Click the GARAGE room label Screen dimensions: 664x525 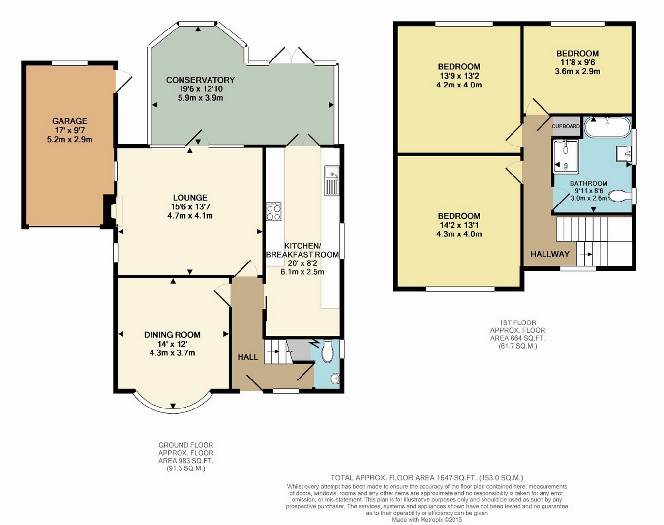pyautogui.click(x=69, y=121)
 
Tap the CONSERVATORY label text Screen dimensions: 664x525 pyautogui.click(x=201, y=80)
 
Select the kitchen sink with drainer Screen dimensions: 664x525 pyautogui.click(x=332, y=180)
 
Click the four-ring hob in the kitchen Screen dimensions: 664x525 pyautogui.click(x=273, y=211)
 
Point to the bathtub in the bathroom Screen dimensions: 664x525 pyautogui.click(x=607, y=127)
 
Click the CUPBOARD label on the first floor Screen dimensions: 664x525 pyautogui.click(x=566, y=126)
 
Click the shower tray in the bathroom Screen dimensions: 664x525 pyautogui.click(x=566, y=156)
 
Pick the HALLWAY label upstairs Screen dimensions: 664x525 pyautogui.click(x=550, y=254)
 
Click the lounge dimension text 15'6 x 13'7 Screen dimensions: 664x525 pyautogui.click(x=190, y=206)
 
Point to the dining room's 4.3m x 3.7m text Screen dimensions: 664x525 pyautogui.click(x=172, y=353)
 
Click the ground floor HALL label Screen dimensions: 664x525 pyautogui.click(x=248, y=357)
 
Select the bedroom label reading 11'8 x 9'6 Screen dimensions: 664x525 pyautogui.click(x=577, y=62)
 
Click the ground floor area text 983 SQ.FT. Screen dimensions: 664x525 pyautogui.click(x=186, y=461)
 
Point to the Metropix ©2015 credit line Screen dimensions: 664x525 pyautogui.click(x=427, y=520)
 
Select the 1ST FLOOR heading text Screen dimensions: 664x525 pyautogui.click(x=517, y=323)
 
